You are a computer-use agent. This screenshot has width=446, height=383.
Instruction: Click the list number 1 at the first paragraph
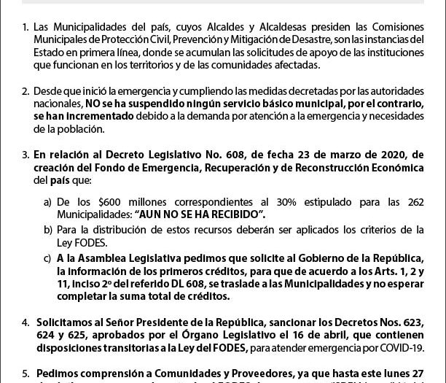click(x=26, y=27)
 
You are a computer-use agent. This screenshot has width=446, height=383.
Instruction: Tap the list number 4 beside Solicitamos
click(x=26, y=321)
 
